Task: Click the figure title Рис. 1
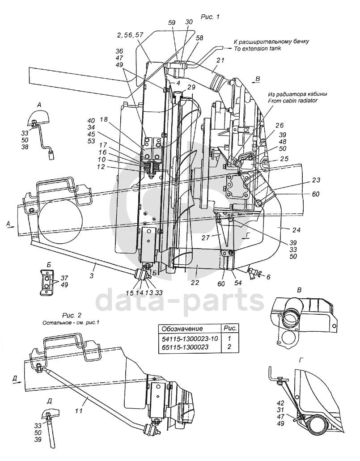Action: tap(210, 17)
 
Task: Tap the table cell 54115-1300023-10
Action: tap(190, 338)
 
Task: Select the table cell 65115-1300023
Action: tap(185, 347)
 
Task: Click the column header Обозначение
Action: tap(182, 329)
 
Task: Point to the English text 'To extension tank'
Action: tap(257, 48)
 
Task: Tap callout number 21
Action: tap(220, 60)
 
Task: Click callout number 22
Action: tap(195, 283)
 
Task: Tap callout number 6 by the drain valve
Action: tap(268, 277)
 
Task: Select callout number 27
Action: tap(206, 237)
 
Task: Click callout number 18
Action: tap(104, 119)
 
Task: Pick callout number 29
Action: tap(191, 87)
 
